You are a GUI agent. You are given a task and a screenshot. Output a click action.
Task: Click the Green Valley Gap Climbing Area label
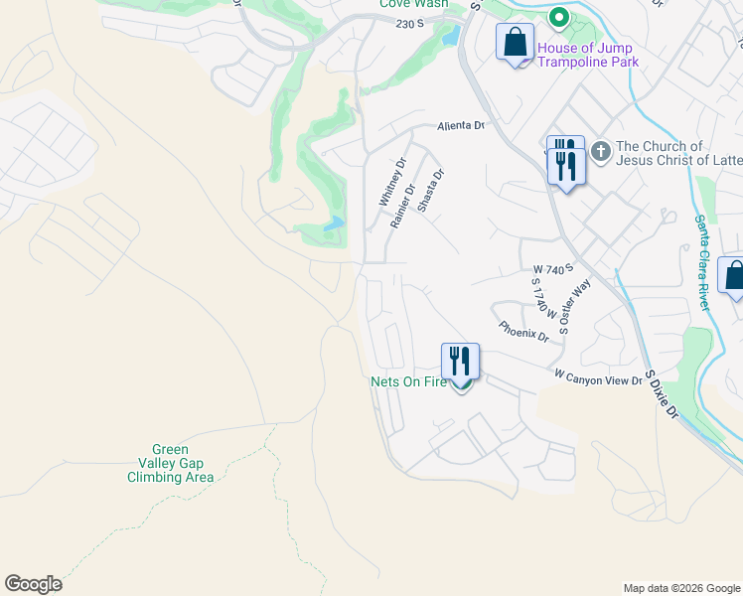(x=170, y=464)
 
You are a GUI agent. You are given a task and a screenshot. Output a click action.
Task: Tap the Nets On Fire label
(x=408, y=381)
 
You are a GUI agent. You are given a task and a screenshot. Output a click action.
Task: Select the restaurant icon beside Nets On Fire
(x=460, y=361)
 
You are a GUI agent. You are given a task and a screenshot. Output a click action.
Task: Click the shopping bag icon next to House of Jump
(x=515, y=44)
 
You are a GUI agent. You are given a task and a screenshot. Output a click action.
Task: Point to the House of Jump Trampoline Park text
(x=587, y=55)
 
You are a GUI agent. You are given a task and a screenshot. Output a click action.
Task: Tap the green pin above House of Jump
(x=558, y=18)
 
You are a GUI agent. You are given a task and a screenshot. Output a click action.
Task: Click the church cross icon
(x=600, y=152)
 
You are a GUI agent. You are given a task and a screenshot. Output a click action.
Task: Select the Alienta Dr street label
(x=461, y=126)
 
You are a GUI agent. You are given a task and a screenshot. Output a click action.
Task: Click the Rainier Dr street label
(x=402, y=205)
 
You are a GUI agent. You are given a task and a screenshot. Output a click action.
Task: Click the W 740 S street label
(x=554, y=270)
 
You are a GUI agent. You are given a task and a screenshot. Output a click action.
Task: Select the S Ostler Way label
(x=573, y=310)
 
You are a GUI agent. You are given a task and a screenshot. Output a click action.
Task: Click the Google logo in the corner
(x=33, y=584)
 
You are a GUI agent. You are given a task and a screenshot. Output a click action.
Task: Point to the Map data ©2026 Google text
(x=680, y=588)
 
